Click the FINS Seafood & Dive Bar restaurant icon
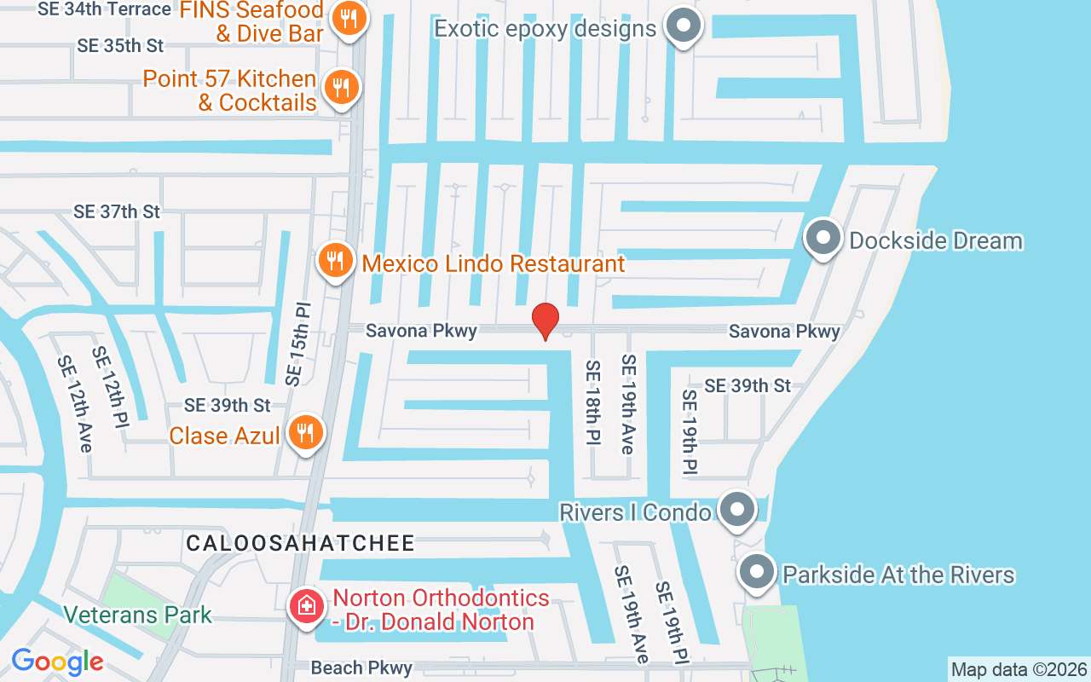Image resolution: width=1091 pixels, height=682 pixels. click(x=348, y=18)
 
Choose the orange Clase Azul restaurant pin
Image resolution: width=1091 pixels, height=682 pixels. click(x=305, y=433)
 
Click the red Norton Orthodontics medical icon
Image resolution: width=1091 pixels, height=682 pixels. click(x=305, y=607)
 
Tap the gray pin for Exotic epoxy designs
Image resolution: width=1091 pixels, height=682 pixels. click(x=682, y=26)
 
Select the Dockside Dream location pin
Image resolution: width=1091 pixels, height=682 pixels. click(x=823, y=239)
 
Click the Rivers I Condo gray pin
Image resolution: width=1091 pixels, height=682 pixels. click(x=736, y=510)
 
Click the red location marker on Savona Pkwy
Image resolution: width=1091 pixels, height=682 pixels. click(x=545, y=321)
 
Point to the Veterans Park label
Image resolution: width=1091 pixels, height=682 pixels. click(x=138, y=615)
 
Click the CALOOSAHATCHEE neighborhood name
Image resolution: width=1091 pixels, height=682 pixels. click(x=301, y=543)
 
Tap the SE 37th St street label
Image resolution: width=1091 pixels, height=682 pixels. click(x=117, y=211)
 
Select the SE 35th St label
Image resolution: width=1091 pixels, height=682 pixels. click(x=120, y=46)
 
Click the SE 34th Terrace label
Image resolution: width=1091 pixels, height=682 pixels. click(x=105, y=9)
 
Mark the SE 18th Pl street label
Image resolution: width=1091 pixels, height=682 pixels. click(x=591, y=402)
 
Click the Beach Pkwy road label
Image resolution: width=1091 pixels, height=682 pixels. click(x=361, y=668)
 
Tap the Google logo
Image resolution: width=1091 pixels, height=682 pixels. click(x=57, y=662)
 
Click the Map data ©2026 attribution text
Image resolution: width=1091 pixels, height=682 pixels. click(x=1019, y=669)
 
